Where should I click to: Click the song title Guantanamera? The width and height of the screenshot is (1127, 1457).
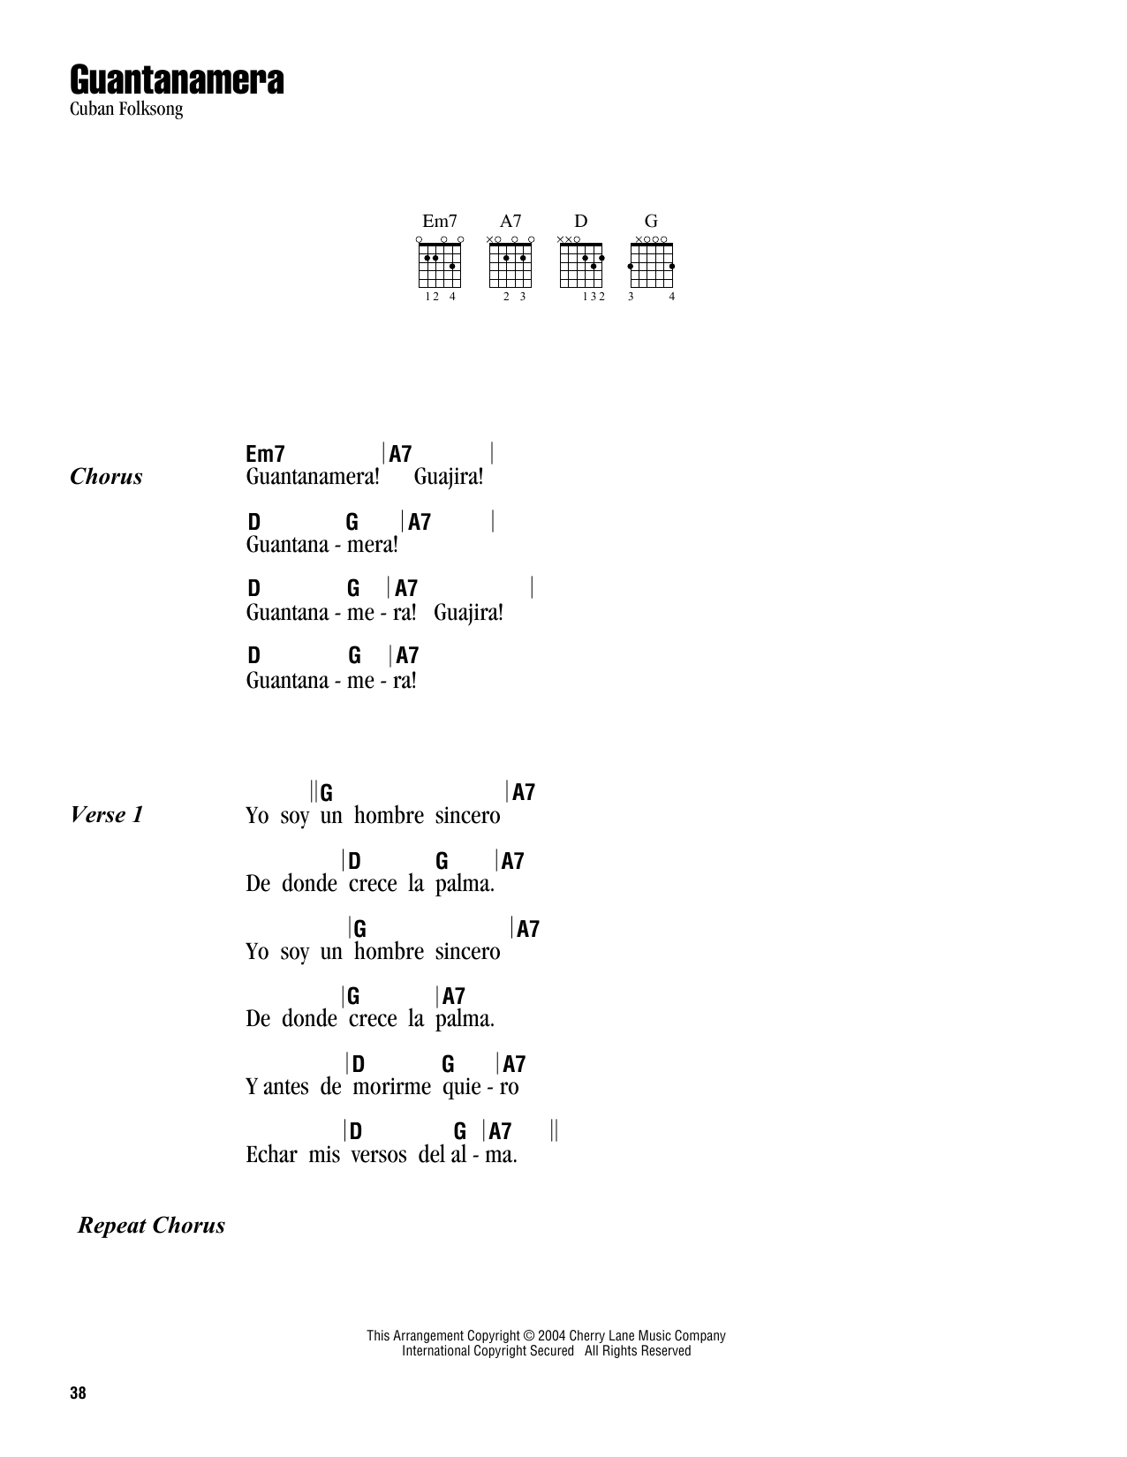coord(177,79)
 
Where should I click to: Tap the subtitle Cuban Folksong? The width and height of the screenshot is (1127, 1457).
coord(126,109)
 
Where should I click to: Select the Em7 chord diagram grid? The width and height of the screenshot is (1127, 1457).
coord(440,266)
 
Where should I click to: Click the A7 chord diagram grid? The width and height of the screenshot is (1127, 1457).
coord(511,266)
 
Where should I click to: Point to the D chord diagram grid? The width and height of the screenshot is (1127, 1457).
coord(580,266)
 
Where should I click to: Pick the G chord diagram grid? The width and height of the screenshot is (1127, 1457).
coord(651,266)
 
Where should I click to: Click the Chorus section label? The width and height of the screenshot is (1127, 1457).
coord(106,477)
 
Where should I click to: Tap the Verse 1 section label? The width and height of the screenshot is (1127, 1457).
coord(107,815)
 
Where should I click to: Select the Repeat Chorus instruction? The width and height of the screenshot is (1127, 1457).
coord(152,1225)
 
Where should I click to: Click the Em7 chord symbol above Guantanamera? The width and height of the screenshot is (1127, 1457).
coord(266,454)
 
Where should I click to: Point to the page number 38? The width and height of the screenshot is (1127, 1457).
coord(78,1393)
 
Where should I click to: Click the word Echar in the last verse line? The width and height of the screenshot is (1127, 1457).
coord(271,1154)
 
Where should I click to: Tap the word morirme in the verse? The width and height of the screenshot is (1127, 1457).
coord(391,1086)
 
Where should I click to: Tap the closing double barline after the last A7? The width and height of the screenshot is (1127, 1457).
coord(554,1129)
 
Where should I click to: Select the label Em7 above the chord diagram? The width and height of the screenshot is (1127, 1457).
coord(440,221)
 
